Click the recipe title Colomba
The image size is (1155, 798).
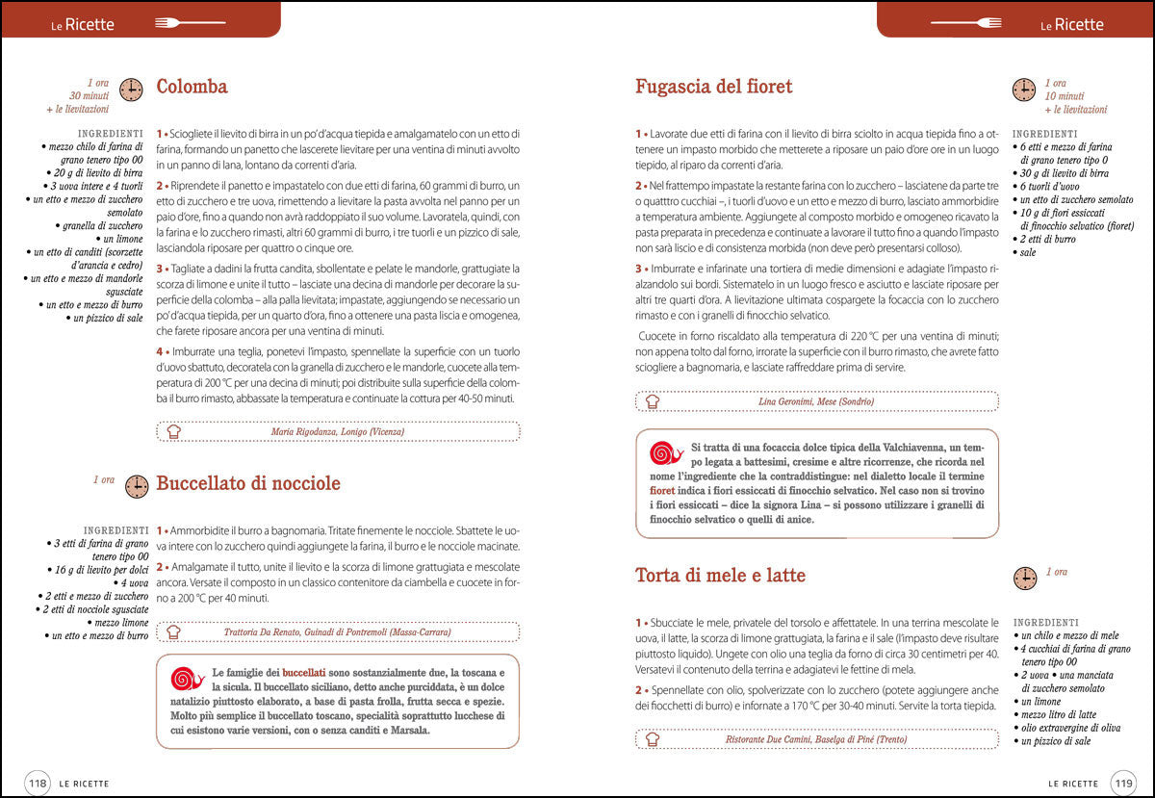(192, 87)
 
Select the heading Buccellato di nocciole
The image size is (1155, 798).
(247, 483)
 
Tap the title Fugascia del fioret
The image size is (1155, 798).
(713, 87)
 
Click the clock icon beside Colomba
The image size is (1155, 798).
(131, 90)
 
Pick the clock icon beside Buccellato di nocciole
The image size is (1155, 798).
(137, 486)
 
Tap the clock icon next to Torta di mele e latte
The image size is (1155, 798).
(1025, 578)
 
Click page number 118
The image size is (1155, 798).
(38, 783)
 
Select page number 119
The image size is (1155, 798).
(1122, 783)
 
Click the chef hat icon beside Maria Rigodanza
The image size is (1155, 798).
(173, 431)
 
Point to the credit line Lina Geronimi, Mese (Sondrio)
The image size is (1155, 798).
(815, 400)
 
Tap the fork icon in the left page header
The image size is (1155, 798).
(175, 22)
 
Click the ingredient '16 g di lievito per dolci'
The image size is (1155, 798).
(95, 570)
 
